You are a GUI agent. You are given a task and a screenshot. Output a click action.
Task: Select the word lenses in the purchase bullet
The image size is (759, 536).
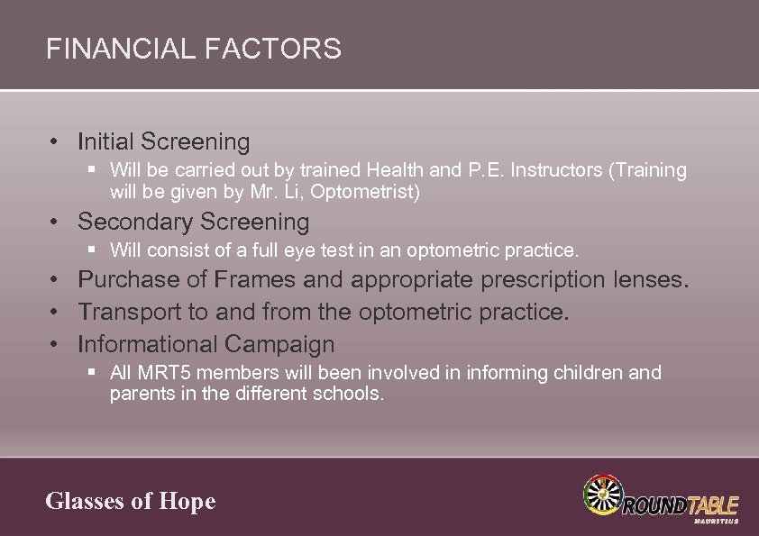pos(645,280)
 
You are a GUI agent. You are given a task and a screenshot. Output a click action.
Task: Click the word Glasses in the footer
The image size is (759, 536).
pos(85,501)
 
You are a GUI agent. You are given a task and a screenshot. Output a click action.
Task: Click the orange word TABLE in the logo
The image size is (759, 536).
pos(712,504)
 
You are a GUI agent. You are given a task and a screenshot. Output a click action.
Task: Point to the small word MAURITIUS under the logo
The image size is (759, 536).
pos(717,521)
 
